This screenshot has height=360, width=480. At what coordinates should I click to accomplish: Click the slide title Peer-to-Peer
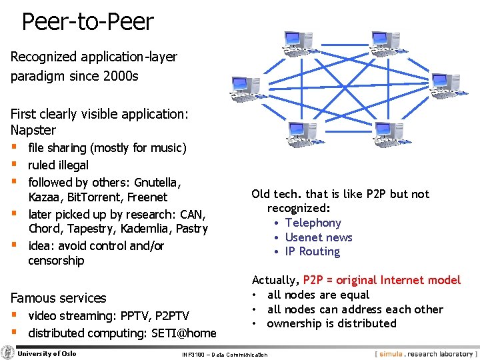coord(87,22)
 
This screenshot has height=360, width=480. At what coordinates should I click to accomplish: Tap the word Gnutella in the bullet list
coord(158,182)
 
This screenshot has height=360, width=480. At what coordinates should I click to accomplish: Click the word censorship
coord(56,261)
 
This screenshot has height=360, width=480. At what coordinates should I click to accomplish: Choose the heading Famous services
coord(58,298)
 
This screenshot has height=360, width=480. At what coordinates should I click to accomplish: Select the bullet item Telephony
coord(313,223)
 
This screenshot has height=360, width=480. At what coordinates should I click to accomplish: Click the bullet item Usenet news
coord(319,237)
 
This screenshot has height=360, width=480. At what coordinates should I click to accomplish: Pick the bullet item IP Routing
coord(312,251)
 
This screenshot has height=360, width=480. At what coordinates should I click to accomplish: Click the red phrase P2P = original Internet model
coord(382,280)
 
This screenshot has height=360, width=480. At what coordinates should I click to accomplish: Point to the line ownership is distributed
coord(331,323)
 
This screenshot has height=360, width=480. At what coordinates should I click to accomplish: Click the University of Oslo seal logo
coord(8,353)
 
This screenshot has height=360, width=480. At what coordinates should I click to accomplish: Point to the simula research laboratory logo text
coord(425,353)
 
